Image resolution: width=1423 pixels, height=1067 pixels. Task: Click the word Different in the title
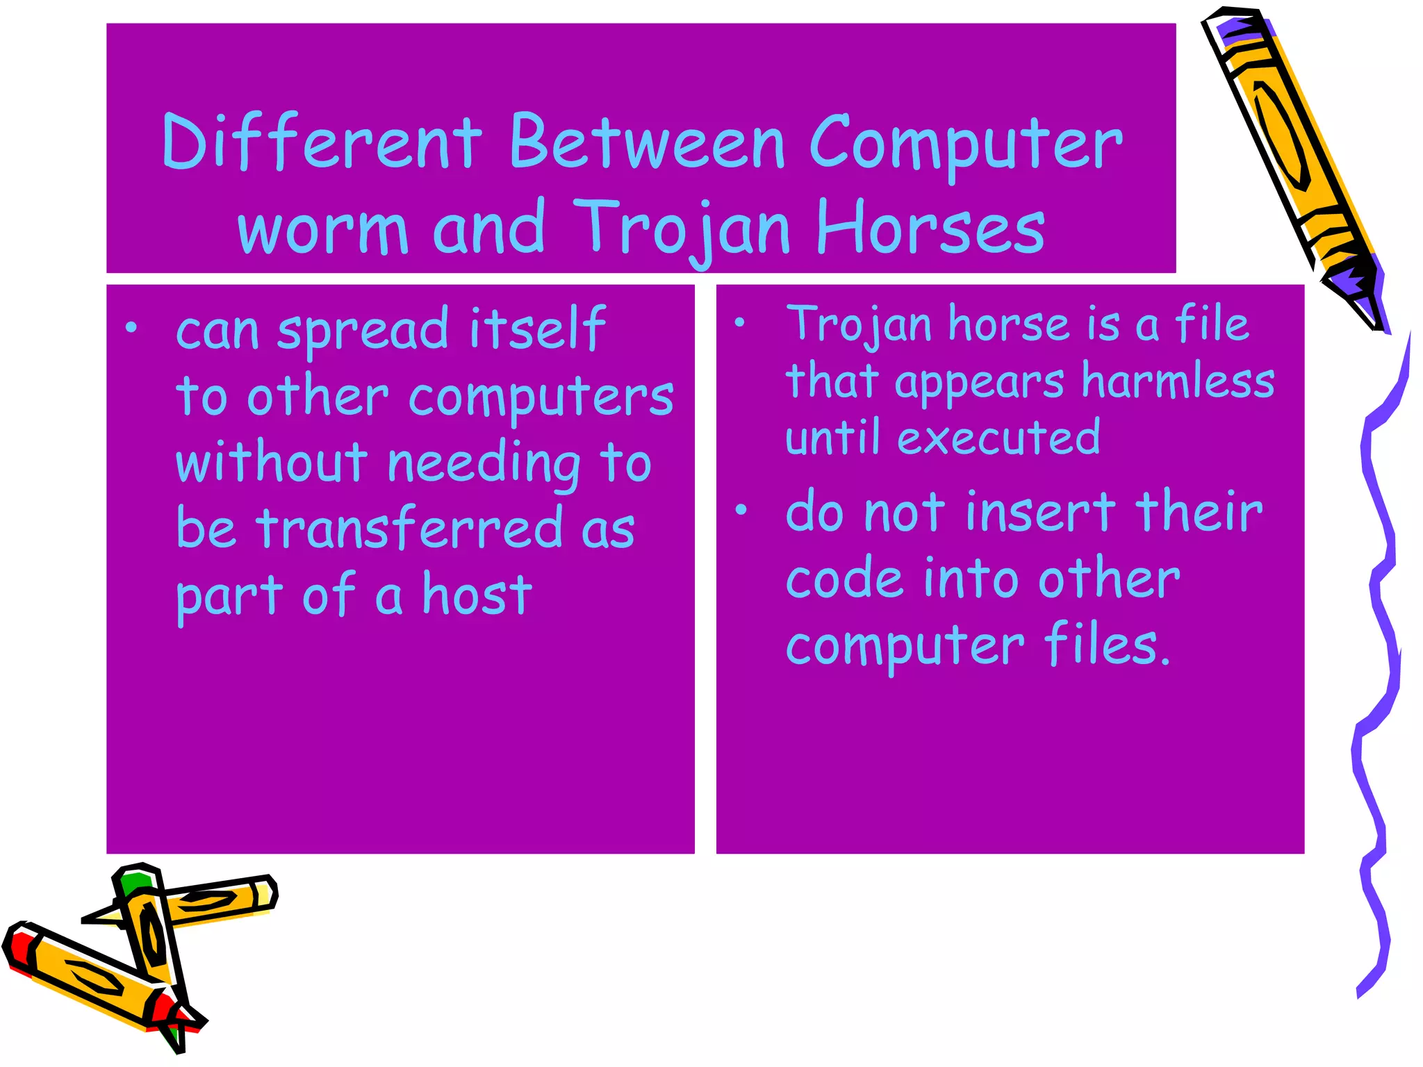pyautogui.click(x=321, y=142)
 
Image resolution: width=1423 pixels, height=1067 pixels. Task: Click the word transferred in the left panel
pyautogui.click(x=409, y=528)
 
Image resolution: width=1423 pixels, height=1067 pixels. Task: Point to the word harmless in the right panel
pyautogui.click(x=1178, y=381)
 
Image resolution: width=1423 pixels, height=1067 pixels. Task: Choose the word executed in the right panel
pyautogui.click(x=998, y=438)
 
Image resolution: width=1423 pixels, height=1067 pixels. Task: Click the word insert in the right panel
pyautogui.click(x=1041, y=512)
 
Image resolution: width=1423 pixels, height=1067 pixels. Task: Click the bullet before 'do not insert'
pyautogui.click(x=741, y=511)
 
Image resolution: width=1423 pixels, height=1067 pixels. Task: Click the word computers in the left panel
pyautogui.click(x=541, y=398)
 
